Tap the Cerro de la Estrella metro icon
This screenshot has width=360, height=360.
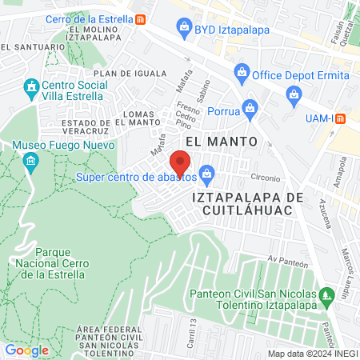point(141,19)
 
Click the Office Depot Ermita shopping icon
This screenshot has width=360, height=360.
point(242,75)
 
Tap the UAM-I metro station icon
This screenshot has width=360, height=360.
point(339,118)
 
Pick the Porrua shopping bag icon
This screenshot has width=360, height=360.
point(250,106)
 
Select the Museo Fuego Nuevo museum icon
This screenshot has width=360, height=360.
point(31,164)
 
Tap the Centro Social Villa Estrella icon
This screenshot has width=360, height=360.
point(31,86)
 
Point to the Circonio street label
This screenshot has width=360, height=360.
point(265,178)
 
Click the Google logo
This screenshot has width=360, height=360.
point(26,350)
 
